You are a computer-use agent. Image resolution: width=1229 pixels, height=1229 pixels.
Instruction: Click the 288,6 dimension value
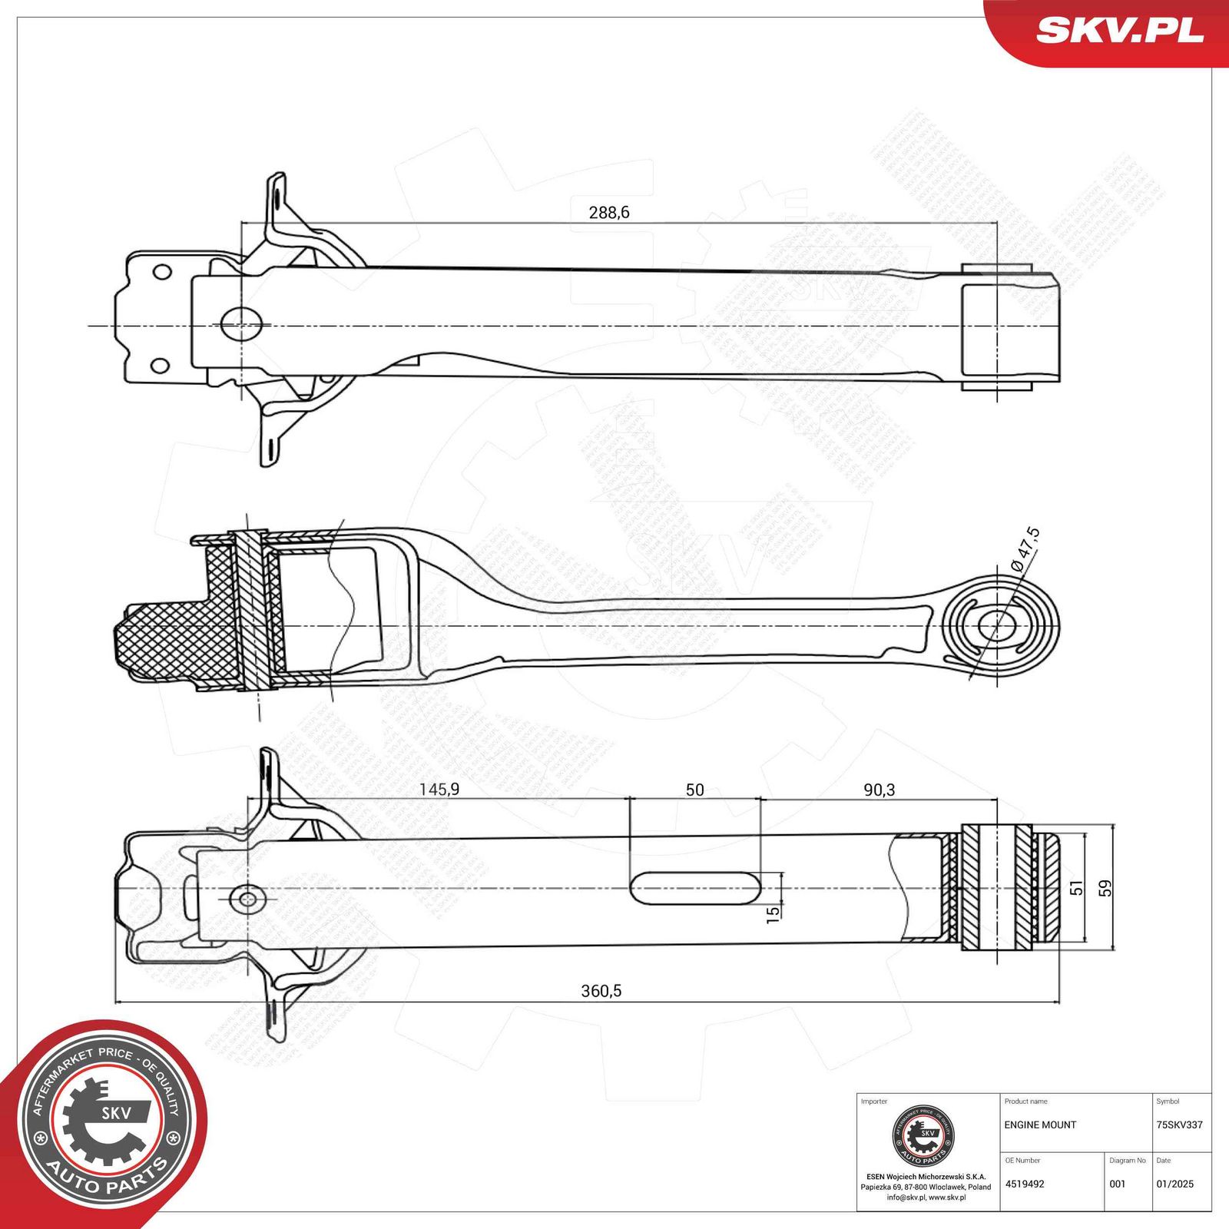pos(608,212)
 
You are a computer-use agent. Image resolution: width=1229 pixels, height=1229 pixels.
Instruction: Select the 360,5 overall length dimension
pos(601,991)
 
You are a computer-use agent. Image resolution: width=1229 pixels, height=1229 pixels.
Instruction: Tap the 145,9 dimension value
pos(439,790)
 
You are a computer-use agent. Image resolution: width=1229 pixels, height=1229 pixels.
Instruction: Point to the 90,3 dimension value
pos(879,790)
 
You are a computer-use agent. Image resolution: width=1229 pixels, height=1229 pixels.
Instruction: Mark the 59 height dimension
pos(1105,888)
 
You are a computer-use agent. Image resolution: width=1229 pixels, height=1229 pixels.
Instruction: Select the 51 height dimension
pos(1077,888)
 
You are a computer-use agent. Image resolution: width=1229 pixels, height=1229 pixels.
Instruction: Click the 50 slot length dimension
pos(694,790)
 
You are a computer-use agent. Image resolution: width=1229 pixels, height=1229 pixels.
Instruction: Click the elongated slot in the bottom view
pos(694,887)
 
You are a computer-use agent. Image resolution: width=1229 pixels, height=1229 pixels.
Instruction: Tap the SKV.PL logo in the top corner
pos(1119,30)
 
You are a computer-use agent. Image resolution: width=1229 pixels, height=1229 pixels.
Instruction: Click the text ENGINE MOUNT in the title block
pos(1040,1125)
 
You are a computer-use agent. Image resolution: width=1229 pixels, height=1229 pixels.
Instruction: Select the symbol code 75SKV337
pos(1179,1125)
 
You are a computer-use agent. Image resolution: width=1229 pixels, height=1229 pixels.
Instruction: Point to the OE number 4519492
pos(1025,1184)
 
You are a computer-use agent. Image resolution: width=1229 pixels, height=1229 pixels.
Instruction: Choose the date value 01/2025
pos(1174,1184)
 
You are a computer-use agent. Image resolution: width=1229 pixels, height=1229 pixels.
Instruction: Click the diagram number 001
pos(1118,1184)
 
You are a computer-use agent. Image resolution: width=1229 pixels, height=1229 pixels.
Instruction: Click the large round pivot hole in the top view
pos(241,324)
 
